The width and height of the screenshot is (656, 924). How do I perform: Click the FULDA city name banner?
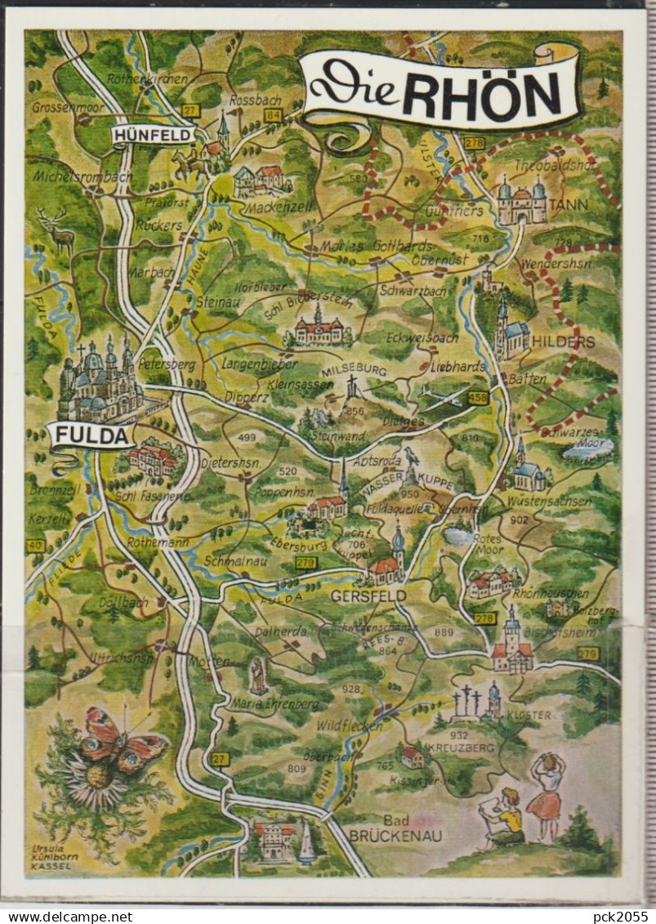point(91,435)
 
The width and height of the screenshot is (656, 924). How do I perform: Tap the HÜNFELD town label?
point(153,135)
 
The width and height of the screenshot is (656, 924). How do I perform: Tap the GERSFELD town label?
point(368,596)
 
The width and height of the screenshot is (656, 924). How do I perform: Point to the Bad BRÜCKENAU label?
point(384,828)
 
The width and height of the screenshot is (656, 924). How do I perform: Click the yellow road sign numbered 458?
point(479,398)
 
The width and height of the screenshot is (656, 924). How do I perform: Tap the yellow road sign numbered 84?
point(273,115)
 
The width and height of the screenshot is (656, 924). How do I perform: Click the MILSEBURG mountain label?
point(354,370)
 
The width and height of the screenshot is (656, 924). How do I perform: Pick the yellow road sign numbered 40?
point(35,545)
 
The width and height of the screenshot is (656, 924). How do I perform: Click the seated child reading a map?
point(505,816)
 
